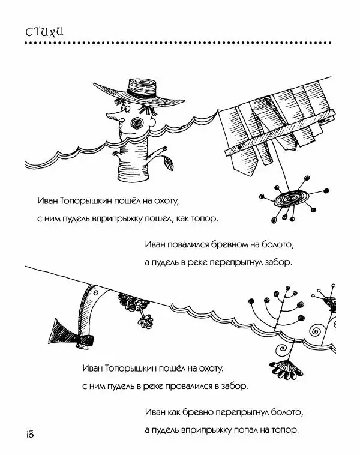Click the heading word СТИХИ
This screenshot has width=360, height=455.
[44, 32]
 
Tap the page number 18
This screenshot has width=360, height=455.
[30, 434]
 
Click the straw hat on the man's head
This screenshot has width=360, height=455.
[140, 92]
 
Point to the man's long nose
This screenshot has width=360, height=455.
[113, 116]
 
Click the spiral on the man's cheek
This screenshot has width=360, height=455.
[137, 123]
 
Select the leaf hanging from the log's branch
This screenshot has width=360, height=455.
[169, 163]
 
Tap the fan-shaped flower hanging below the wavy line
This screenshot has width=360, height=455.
[286, 369]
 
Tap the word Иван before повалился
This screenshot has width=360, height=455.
[155, 244]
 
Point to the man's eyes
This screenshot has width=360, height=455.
[125, 107]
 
